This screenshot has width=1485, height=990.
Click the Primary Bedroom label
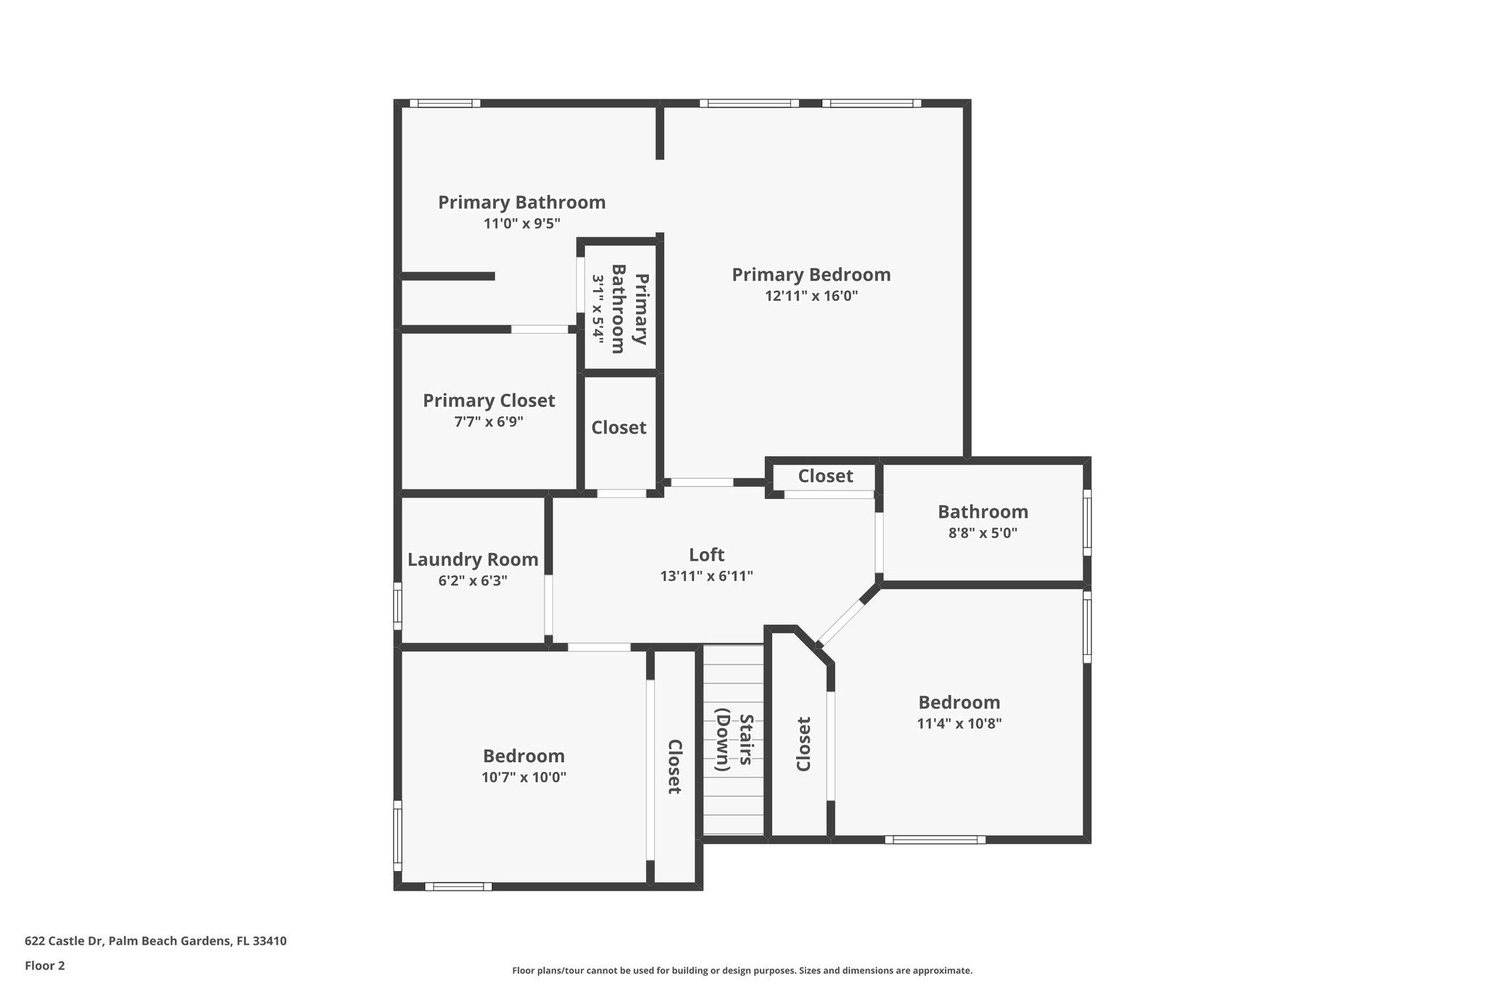pyautogui.click(x=811, y=275)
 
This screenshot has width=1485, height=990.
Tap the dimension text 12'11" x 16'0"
pyautogui.click(x=811, y=296)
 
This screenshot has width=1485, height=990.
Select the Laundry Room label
pyautogui.click(x=473, y=560)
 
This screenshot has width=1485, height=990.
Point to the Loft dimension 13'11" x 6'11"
pyautogui.click(x=706, y=577)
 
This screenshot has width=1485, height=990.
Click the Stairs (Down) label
pyautogui.click(x=735, y=742)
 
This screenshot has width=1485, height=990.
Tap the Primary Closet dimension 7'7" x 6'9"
pyautogui.click(x=489, y=421)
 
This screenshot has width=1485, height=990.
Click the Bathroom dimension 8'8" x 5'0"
pyautogui.click(x=983, y=533)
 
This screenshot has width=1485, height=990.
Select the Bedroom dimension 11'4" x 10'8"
pyautogui.click(x=959, y=723)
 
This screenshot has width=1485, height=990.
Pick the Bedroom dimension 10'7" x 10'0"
pyautogui.click(x=524, y=777)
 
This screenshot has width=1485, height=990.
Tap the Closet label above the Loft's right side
pyautogui.click(x=825, y=477)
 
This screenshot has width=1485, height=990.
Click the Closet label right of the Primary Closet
pyautogui.click(x=619, y=428)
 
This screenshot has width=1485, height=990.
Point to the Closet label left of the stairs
pyautogui.click(x=674, y=767)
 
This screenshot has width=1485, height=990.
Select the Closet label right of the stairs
pyautogui.click(x=803, y=744)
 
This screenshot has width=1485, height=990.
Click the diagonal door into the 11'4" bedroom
pyautogui.click(x=841, y=622)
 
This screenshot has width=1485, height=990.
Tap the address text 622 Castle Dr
pyautogui.click(x=155, y=941)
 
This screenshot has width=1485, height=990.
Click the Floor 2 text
pyautogui.click(x=45, y=965)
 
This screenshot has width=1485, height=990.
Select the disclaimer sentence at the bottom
pyautogui.click(x=742, y=970)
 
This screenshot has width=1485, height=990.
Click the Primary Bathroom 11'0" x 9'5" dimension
pyautogui.click(x=521, y=223)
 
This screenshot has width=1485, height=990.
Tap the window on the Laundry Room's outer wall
pyautogui.click(x=397, y=606)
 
